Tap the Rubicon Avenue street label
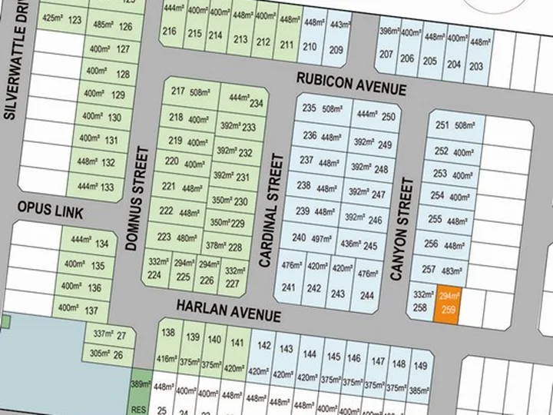pos(351,83)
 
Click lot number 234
pos(244,101)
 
